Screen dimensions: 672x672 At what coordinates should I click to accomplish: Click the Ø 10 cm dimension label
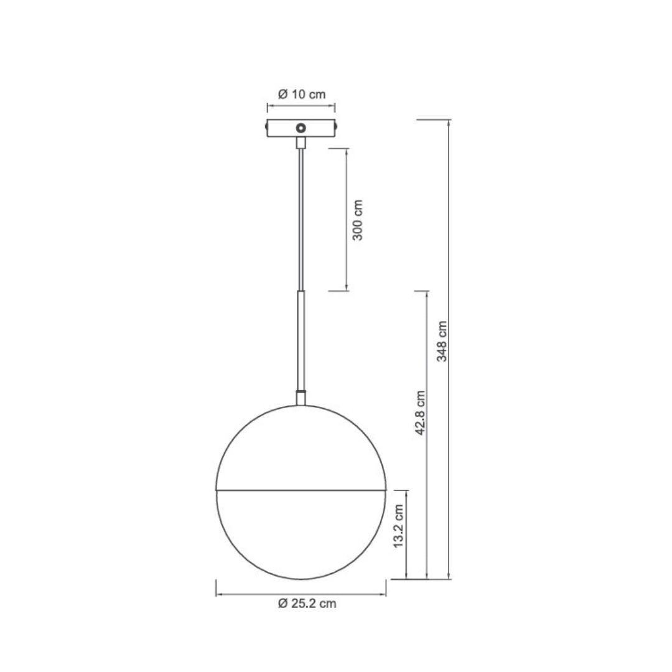coord(301,95)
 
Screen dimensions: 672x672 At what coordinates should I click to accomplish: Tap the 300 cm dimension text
coord(358,220)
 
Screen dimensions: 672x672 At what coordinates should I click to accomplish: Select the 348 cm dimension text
coord(442,342)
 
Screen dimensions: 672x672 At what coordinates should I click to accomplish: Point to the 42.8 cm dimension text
coord(421,413)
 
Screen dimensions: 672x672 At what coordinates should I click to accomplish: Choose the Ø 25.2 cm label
coord(307,604)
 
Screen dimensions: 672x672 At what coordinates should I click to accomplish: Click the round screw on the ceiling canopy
coord(301,128)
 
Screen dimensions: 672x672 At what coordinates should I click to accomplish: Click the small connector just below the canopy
coord(301,142)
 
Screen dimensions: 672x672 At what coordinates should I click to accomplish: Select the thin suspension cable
coord(301,218)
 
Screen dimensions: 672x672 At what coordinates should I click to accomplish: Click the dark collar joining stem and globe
coord(301,398)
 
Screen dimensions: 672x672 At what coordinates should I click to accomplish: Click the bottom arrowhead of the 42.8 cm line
coord(427,576)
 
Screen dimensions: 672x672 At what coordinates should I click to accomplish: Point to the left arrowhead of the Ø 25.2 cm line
coord(219,594)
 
